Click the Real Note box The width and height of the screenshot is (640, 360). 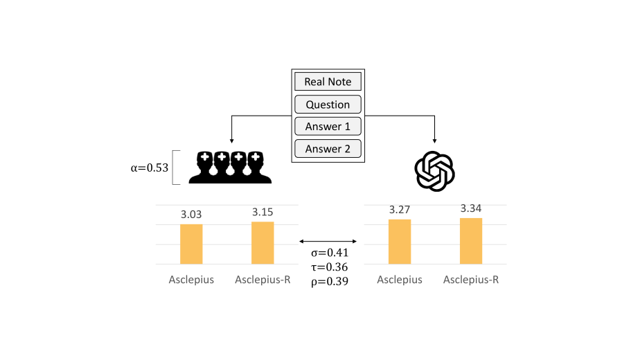(x=328, y=82)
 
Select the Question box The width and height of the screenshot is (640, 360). (x=328, y=105)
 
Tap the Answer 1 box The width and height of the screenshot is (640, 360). (x=328, y=127)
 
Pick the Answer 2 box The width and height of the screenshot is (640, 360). (x=328, y=149)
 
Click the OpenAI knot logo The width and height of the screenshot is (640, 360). (x=434, y=171)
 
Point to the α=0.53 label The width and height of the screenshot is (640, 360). (x=150, y=168)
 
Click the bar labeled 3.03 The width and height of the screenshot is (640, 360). (x=191, y=244)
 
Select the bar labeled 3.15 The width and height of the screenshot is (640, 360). (x=263, y=242)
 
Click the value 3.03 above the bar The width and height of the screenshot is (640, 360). (x=191, y=215)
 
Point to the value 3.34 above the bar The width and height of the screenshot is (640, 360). (x=471, y=208)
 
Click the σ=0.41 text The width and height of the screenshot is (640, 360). (x=328, y=253)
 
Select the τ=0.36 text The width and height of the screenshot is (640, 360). (x=328, y=267)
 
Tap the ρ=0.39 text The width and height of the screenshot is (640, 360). (x=328, y=282)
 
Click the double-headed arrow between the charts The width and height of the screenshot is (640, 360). (x=328, y=241)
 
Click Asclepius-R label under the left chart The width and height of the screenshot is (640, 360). (x=263, y=280)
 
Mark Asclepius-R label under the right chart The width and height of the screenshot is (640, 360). (x=471, y=280)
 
